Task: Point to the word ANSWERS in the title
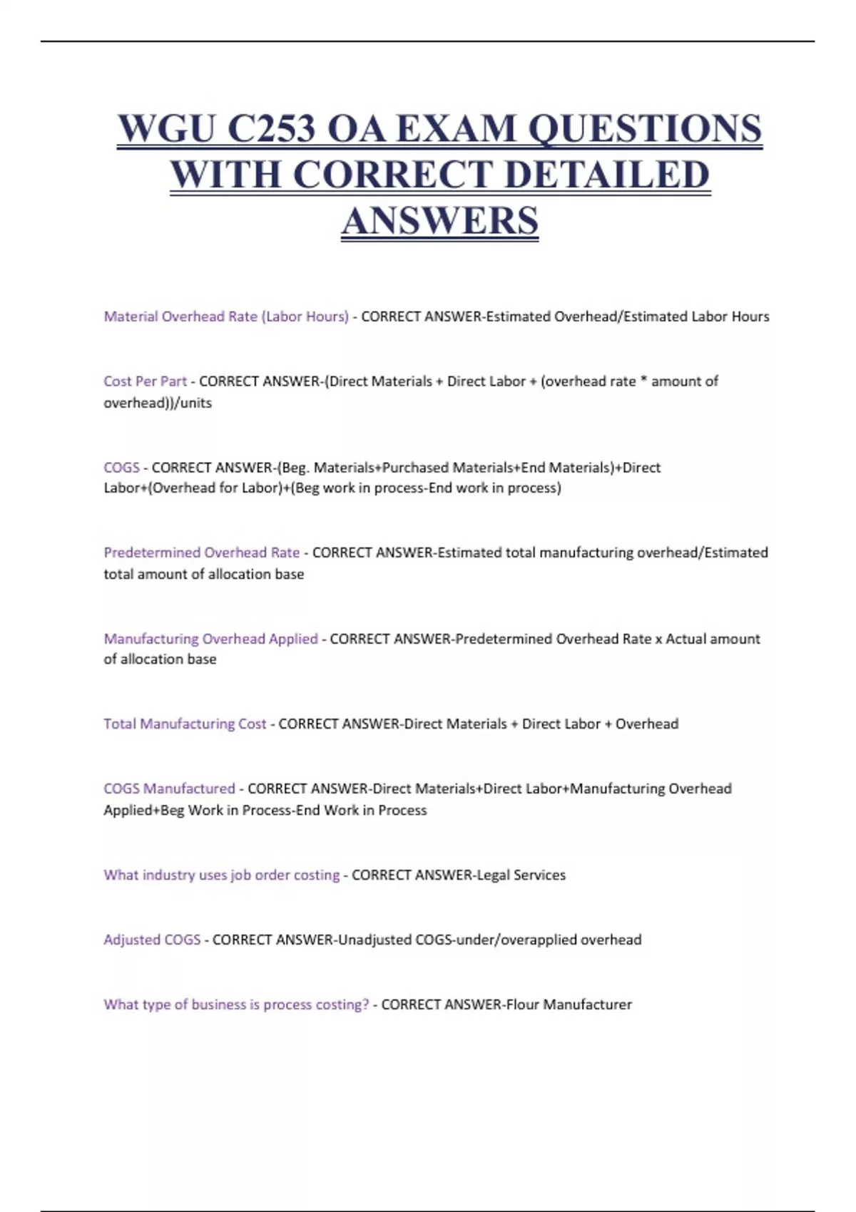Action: [x=440, y=220]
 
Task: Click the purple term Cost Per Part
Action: [x=145, y=381]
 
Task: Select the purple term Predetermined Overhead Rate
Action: [x=202, y=553]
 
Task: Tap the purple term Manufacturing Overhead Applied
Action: [x=210, y=639]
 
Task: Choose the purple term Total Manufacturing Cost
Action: [x=185, y=724]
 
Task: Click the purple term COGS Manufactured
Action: [x=169, y=789]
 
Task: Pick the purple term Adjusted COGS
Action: [x=152, y=940]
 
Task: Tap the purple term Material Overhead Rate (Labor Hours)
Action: [x=226, y=317]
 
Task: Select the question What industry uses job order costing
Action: [x=221, y=875]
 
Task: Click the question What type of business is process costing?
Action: [x=236, y=1005]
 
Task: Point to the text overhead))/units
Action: [x=158, y=403]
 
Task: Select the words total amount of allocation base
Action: [x=204, y=574]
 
